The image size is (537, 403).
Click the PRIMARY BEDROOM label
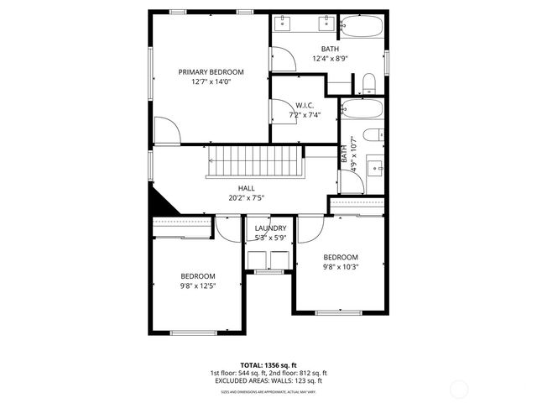pos(210,72)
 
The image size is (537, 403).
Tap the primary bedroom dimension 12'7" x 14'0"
pos(210,82)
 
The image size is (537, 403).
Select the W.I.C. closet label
pos(305,105)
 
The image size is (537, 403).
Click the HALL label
pos(247,188)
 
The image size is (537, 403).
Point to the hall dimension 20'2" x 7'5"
pos(247,198)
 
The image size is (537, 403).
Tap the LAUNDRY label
pos(270,228)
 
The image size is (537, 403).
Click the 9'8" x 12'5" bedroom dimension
pos(198,286)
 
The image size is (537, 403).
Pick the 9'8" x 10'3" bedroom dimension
pos(341,267)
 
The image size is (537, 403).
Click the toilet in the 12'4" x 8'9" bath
pos(368,82)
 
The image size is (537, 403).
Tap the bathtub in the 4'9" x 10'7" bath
pos(362,110)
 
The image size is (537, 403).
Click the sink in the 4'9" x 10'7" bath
pos(376,165)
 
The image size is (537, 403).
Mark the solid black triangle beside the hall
pos(159,202)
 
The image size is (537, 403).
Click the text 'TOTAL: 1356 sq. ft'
pos(268,365)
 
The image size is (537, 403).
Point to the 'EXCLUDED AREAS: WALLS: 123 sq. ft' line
pos(268,381)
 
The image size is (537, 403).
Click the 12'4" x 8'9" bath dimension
pos(330,59)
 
